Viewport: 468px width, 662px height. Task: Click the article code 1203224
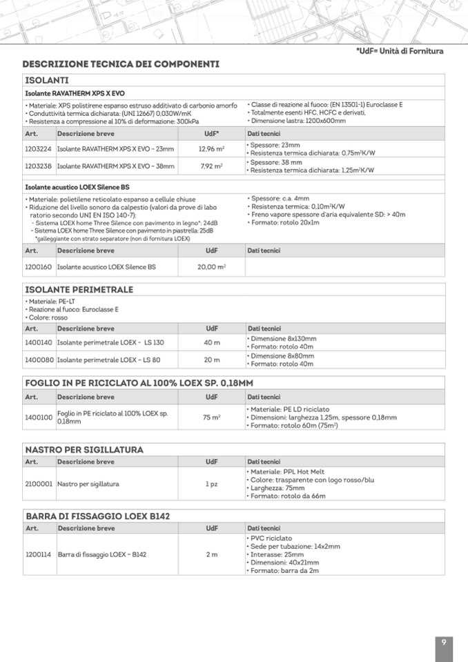click(x=38, y=148)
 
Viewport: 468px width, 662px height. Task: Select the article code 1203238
click(x=38, y=166)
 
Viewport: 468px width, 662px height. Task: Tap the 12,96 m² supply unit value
click(x=211, y=148)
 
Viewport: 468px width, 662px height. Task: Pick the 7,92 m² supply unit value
click(x=211, y=166)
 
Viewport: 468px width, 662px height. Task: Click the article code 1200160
click(x=38, y=266)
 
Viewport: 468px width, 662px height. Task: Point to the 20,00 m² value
click(x=212, y=266)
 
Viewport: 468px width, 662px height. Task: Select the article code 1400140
click(x=38, y=342)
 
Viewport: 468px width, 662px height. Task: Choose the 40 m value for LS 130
click(x=212, y=342)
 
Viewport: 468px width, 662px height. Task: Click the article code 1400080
click(x=38, y=360)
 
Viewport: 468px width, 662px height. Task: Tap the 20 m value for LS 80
click(x=212, y=360)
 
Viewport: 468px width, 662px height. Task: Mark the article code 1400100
click(x=38, y=417)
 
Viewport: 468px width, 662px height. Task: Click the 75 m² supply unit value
click(x=212, y=417)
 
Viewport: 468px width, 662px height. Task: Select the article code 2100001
click(x=38, y=484)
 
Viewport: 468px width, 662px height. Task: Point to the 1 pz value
click(x=212, y=484)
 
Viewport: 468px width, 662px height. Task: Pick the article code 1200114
click(x=38, y=554)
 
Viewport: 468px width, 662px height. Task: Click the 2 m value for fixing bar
click(x=212, y=554)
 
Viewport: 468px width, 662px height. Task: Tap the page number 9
click(x=444, y=643)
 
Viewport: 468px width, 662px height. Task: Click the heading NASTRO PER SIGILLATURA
click(x=84, y=450)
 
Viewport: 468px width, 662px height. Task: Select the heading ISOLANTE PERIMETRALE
click(x=79, y=289)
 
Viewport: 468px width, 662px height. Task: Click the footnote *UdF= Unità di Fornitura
click(x=399, y=51)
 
